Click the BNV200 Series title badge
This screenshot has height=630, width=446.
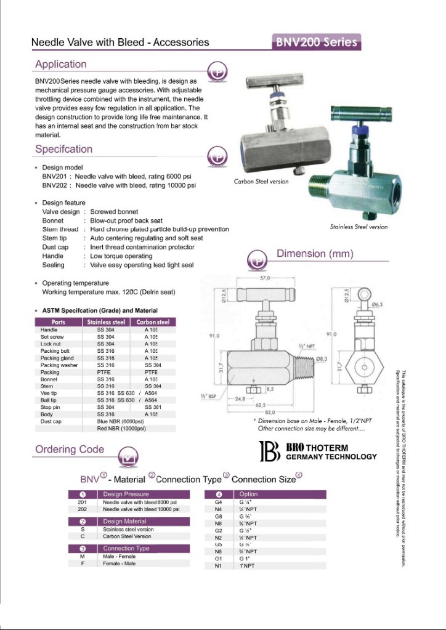coord(316,42)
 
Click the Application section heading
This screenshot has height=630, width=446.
coord(60,64)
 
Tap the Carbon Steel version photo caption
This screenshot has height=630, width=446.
coord(261,182)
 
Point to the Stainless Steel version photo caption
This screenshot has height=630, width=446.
coord(359,227)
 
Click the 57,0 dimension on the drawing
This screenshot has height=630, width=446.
coord(266,278)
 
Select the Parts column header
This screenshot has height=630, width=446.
coord(59,322)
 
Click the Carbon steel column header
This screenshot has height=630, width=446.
coord(152,322)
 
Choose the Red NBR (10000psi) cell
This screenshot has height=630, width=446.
coord(121,428)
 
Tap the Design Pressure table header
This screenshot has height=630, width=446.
coord(126,494)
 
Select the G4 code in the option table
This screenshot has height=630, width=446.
coord(217,502)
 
